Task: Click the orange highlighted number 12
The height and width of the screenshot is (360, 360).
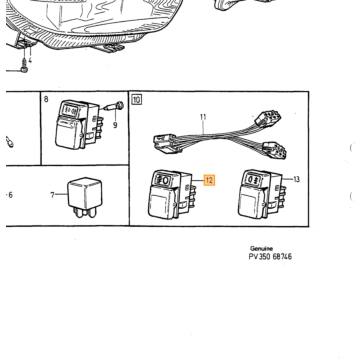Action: pos(209,180)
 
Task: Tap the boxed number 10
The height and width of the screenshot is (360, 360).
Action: pos(137,100)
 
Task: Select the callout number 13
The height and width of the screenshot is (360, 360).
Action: pos(296,179)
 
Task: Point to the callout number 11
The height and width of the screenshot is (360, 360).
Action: pos(203,117)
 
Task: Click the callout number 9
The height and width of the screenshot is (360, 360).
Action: pos(115,126)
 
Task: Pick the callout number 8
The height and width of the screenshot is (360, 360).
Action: pos(46,99)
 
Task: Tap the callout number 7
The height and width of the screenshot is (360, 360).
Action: pos(52,195)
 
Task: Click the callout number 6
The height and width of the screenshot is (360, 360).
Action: pos(10,195)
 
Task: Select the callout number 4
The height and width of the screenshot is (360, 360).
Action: pos(30,60)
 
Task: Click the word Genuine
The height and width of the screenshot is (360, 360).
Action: pos(261,248)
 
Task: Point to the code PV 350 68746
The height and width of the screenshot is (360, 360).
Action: pos(270,256)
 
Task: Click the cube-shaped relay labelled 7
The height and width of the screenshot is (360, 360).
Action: pos(85,197)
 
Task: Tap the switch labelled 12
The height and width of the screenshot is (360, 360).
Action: pos(171,195)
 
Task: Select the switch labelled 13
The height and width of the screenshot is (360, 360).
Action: pos(261,194)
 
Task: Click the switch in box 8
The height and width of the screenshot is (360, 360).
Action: pos(78,125)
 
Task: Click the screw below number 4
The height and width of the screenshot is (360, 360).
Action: pos(24,66)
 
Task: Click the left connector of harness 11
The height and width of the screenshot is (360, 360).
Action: pos(167,144)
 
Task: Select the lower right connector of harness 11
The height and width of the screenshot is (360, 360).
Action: pos(274,149)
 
